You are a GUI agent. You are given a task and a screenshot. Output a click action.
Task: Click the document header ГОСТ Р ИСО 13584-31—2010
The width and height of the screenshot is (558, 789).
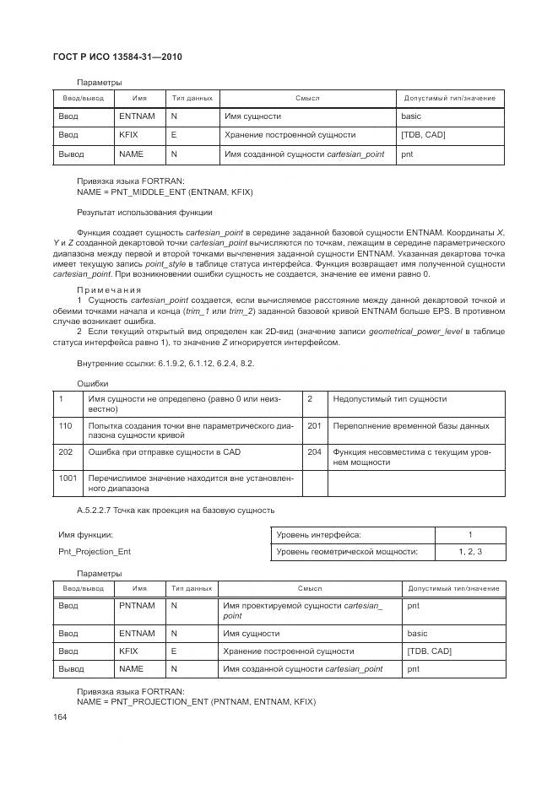118,57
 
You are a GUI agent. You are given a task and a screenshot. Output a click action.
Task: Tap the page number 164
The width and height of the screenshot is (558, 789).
61,717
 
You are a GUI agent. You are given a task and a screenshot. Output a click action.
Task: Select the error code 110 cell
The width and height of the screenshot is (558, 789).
65,426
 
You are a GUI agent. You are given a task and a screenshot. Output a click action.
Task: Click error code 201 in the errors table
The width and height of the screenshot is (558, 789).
314,426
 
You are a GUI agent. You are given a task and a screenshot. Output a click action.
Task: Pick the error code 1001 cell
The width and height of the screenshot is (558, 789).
68,478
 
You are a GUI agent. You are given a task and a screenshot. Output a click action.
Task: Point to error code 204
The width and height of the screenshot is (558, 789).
314,452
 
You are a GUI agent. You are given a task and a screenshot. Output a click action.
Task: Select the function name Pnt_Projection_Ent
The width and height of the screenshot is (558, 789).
95,552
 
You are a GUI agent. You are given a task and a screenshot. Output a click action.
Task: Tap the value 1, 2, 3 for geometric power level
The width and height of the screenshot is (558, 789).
470,552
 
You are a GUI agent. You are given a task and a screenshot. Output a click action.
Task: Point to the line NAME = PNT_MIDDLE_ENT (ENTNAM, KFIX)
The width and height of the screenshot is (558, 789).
165,192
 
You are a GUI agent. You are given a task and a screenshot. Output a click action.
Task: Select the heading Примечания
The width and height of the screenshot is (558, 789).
109,289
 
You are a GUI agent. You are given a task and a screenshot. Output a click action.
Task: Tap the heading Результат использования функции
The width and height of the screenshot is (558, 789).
144,212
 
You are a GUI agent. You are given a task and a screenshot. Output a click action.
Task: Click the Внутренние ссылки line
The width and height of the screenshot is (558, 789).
165,363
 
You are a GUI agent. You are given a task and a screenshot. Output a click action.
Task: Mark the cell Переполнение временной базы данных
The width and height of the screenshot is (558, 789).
411,426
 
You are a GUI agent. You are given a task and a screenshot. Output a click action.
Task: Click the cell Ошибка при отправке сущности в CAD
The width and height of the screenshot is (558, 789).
165,452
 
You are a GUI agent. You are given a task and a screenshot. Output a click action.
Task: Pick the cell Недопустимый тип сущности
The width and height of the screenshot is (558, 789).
390,399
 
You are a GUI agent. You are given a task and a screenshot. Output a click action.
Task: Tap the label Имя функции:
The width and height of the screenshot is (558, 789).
85,535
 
